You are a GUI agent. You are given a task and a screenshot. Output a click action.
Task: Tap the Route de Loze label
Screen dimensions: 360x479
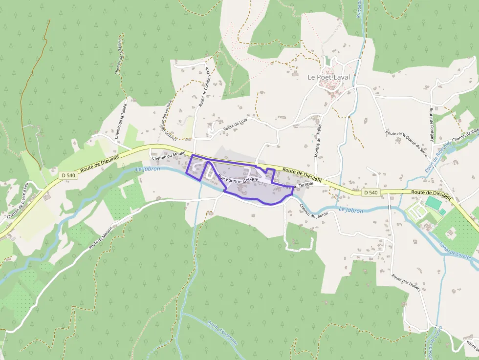(236, 124)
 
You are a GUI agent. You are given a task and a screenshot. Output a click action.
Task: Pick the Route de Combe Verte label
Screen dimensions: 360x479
(204, 86)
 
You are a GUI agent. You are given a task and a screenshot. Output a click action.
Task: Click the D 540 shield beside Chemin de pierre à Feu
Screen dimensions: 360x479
(68, 174)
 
